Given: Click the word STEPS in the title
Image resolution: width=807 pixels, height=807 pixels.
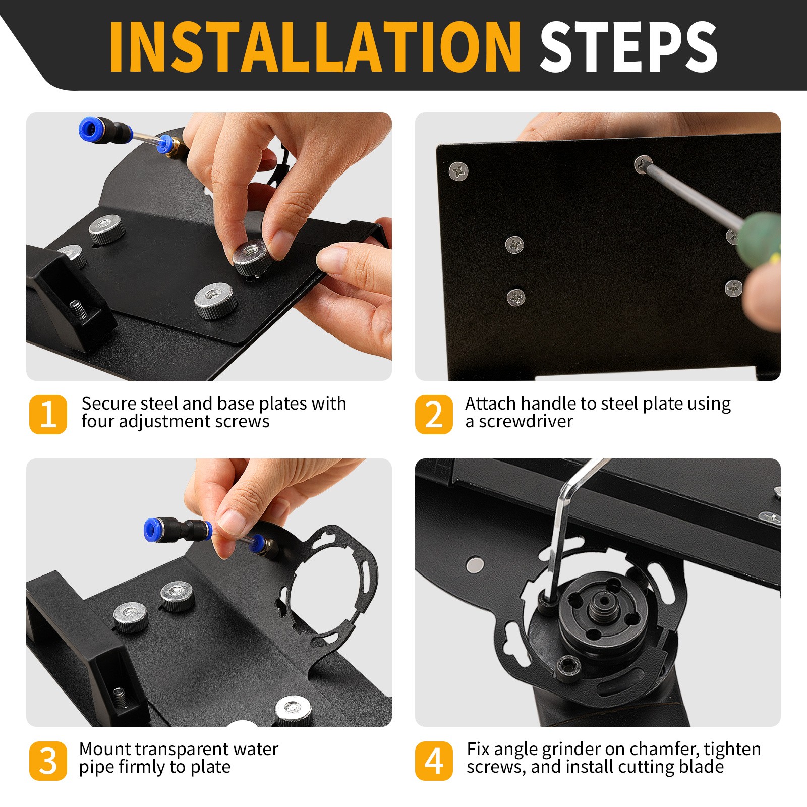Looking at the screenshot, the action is (x=628, y=47).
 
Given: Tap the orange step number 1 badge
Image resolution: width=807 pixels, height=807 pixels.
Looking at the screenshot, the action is (x=48, y=414).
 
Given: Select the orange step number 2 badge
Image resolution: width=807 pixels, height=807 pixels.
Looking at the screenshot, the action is (x=434, y=414).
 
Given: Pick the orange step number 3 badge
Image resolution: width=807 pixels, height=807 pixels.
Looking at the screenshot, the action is (x=48, y=761).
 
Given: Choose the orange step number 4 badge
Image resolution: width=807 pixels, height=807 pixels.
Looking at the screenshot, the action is (x=434, y=761).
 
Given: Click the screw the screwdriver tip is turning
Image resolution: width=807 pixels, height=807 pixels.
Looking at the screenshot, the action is (x=643, y=164).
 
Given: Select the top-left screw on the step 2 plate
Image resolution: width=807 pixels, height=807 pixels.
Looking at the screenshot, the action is (x=458, y=171).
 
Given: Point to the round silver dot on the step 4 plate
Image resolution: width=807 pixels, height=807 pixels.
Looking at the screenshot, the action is (x=475, y=565).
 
